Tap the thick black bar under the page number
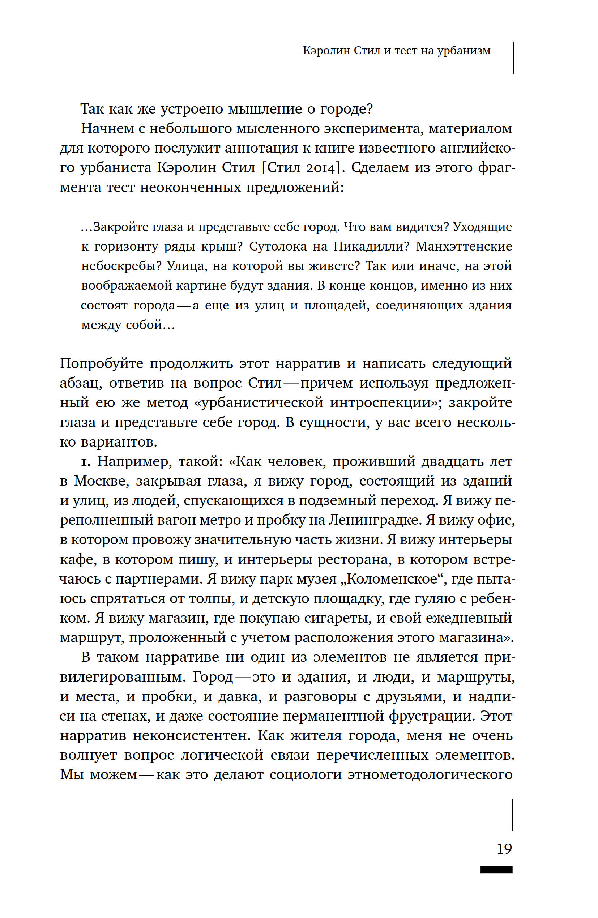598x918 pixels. click(x=496, y=870)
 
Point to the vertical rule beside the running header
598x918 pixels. click(x=513, y=58)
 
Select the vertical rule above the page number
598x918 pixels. click(x=512, y=815)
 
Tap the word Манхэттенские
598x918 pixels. click(x=464, y=247)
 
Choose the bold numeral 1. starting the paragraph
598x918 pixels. click(x=85, y=461)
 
